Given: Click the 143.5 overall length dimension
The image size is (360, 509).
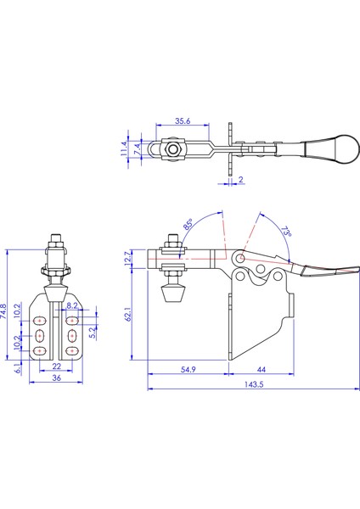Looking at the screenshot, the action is [x=254, y=384].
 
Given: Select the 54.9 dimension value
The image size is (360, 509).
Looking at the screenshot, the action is [x=188, y=369].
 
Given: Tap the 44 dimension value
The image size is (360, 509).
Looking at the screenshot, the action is [x=262, y=369].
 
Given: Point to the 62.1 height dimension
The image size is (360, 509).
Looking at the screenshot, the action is [x=129, y=314].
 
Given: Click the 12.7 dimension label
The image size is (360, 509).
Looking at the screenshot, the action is [x=127, y=258].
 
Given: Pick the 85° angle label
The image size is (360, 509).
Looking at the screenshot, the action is [x=188, y=224].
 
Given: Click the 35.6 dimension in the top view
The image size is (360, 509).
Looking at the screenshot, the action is [x=183, y=120].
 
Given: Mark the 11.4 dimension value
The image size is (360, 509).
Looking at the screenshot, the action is [x=124, y=148].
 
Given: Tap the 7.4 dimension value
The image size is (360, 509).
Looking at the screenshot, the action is [x=138, y=148].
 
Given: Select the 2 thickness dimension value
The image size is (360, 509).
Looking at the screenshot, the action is [x=241, y=179].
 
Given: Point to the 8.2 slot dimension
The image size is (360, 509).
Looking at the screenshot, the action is [x=72, y=305].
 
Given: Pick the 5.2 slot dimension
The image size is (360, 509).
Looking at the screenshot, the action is [x=93, y=333].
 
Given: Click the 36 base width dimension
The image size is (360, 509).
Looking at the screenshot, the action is [x=57, y=378].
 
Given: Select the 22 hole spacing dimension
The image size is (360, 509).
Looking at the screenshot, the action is [x=57, y=366].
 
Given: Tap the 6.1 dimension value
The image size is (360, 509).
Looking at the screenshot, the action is [x=18, y=368].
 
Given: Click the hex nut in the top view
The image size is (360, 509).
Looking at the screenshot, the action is [x=172, y=149].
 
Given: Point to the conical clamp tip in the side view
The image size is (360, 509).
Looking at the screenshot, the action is [x=173, y=294].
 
